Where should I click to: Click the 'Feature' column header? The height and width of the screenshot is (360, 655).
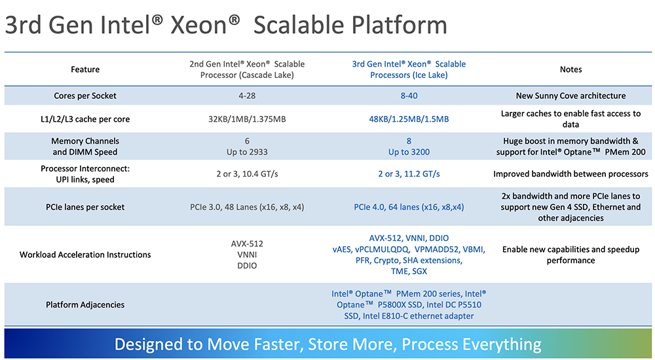(85, 69)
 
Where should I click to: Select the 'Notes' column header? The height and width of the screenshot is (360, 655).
(571, 69)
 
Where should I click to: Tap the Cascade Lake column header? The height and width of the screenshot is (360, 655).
(247, 69)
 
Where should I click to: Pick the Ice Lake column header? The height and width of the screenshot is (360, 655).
(409, 69)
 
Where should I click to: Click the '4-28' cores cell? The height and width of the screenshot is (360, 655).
(247, 96)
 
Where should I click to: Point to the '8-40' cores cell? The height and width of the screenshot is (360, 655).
(409, 96)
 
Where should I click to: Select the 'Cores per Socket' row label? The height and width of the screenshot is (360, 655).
(85, 96)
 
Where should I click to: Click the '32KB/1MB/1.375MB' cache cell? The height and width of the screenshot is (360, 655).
(247, 119)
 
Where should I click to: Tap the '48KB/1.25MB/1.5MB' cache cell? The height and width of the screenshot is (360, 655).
(409, 119)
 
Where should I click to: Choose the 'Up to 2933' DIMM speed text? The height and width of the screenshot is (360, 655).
(247, 152)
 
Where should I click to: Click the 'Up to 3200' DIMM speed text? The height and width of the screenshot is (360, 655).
(409, 152)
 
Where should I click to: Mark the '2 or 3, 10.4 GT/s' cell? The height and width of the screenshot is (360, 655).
(247, 173)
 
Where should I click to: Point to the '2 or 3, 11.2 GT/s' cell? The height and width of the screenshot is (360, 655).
(409, 173)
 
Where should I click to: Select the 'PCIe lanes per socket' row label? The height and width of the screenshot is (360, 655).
(85, 207)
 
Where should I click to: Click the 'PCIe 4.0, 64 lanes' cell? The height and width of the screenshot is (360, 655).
(409, 207)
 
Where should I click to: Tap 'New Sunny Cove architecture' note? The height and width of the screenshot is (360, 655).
(571, 96)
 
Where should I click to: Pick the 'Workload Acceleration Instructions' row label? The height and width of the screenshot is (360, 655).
(85, 255)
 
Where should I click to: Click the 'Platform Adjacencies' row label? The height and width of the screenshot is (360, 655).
(85, 305)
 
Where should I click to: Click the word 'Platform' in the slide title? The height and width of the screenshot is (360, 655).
(399, 25)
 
